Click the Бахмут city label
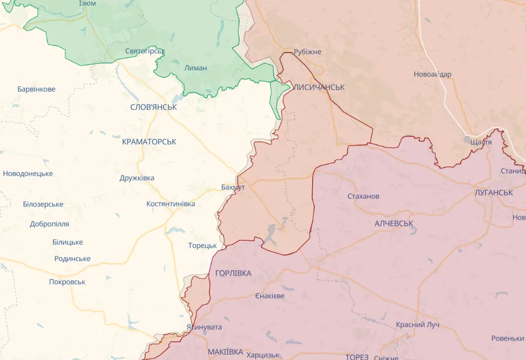233,187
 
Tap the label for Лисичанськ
318,87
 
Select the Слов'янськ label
154,107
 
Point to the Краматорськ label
149,142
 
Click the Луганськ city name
493,193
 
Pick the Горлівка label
233,273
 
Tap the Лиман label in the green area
196,68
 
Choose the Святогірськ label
145,51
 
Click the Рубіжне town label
307,52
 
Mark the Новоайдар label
432,74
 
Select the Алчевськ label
394,223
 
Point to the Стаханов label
363,196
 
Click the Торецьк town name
202,246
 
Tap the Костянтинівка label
170,204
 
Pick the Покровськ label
67,282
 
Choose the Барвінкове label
36,89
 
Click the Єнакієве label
270,296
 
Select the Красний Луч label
417,325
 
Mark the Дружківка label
137,178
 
